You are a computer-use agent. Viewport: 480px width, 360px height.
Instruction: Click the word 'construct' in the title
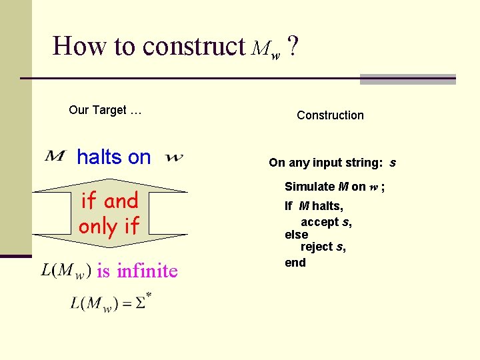[194, 46]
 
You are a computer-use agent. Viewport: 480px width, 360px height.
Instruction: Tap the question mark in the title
[293, 46]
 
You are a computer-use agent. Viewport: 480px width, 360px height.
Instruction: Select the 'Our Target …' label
[105, 110]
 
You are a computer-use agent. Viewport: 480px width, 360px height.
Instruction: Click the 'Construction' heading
[330, 115]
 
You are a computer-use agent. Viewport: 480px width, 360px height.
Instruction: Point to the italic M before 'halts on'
[55, 156]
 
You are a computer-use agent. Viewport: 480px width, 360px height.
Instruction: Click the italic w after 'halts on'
[173, 158]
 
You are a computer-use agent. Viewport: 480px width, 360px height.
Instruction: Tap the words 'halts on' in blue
[114, 157]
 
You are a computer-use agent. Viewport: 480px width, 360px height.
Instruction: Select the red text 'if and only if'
[109, 213]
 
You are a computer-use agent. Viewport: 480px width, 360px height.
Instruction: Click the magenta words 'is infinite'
[137, 271]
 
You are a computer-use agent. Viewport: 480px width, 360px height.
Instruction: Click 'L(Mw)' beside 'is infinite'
[65, 271]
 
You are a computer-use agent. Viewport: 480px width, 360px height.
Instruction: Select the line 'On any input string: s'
[332, 163]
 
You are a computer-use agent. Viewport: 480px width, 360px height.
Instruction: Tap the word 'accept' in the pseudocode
[319, 222]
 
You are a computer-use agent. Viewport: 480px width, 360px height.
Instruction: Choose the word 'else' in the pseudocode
[296, 235]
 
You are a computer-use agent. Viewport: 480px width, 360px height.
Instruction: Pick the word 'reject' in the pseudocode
[317, 247]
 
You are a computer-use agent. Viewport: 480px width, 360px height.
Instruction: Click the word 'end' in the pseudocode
[295, 263]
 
